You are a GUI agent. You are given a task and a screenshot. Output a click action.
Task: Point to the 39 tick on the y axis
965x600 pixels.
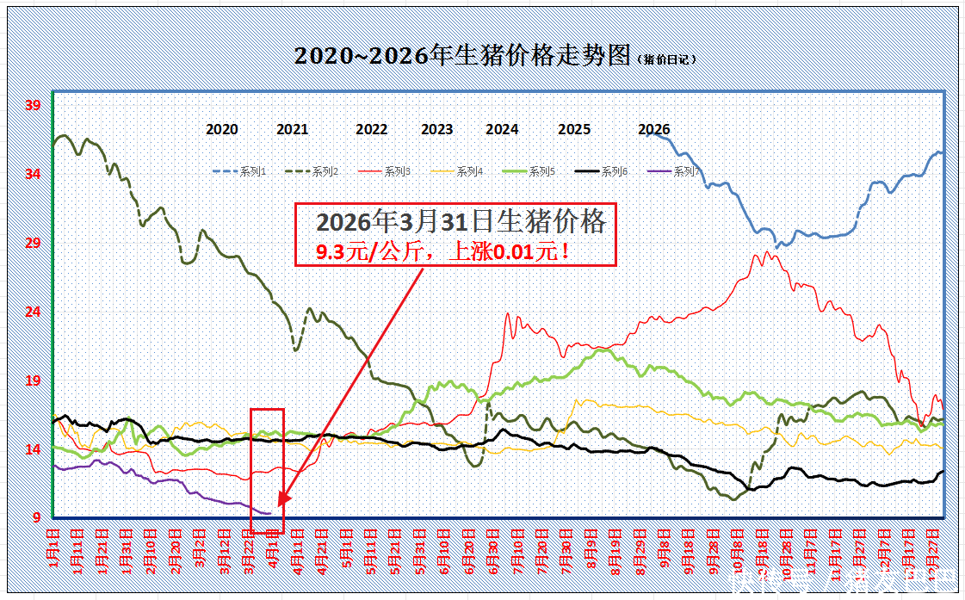click(x=33, y=106)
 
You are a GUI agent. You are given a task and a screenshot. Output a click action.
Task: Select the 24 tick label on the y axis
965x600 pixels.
click(x=33, y=312)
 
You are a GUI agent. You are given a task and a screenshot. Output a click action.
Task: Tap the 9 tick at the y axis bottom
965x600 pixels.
click(x=36, y=517)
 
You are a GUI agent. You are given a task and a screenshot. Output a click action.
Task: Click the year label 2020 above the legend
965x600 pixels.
click(x=222, y=129)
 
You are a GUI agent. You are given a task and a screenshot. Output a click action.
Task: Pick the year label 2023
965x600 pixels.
click(x=436, y=129)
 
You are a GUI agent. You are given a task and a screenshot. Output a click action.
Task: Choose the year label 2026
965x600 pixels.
click(x=653, y=129)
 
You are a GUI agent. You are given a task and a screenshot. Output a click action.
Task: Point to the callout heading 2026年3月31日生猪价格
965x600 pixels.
click(x=461, y=222)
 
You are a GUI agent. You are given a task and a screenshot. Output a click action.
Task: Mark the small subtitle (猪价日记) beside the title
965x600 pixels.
click(x=666, y=59)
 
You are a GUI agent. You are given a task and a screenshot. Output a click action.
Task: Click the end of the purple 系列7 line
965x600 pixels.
click(x=270, y=513)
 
